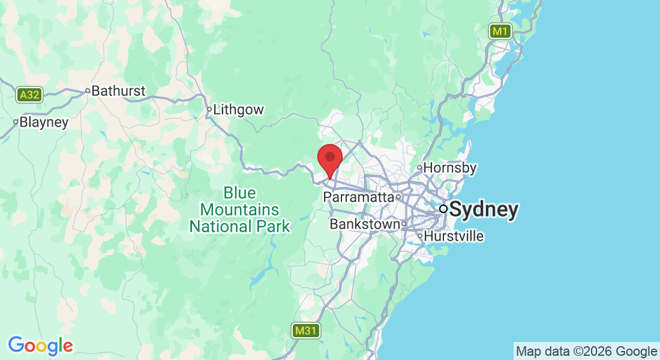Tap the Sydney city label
click(x=484, y=209)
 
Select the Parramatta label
click(x=358, y=197)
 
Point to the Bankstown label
click(x=364, y=224)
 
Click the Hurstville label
click(x=454, y=236)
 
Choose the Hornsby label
click(x=451, y=168)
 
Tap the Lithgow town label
click(x=239, y=110)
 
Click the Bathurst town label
click(x=119, y=91)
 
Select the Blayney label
click(x=44, y=122)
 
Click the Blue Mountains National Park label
click(x=239, y=210)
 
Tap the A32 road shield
click(x=29, y=95)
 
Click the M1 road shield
click(x=500, y=31)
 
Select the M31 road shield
click(x=307, y=330)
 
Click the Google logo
click(x=40, y=346)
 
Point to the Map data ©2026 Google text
click(x=587, y=352)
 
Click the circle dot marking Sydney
click(x=443, y=209)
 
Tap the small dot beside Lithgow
click(x=209, y=110)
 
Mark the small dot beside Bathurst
click(x=88, y=91)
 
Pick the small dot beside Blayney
click(x=16, y=122)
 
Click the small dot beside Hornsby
click(x=420, y=168)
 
